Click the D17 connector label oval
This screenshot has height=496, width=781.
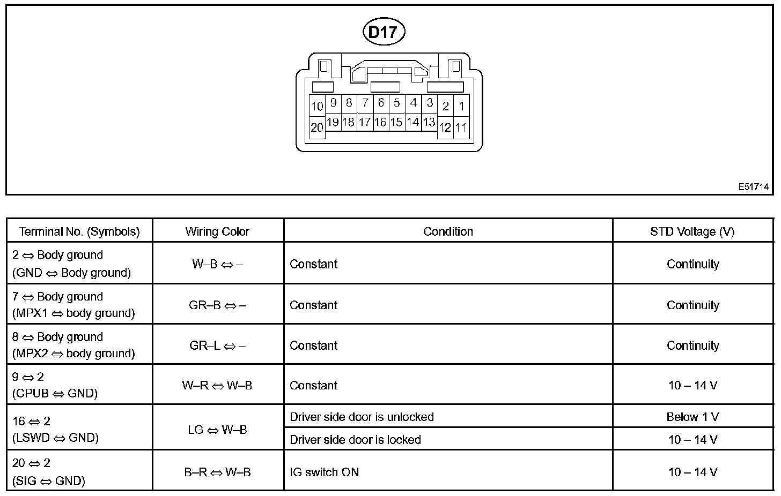[x=384, y=32]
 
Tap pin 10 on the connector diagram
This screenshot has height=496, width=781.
[x=317, y=106]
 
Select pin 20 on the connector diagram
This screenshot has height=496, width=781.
[x=317, y=127]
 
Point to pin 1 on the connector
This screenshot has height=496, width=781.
[x=461, y=106]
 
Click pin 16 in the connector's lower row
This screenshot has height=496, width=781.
[x=380, y=122]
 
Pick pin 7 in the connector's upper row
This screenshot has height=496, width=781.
[x=365, y=102]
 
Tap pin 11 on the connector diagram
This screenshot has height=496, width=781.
[x=461, y=127]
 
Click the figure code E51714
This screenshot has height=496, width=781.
[x=753, y=187]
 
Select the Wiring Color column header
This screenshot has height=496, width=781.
[x=217, y=231]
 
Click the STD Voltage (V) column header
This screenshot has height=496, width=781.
[x=692, y=231]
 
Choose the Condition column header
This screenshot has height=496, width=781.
[x=448, y=231]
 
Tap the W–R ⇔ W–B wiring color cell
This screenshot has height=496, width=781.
[x=217, y=385]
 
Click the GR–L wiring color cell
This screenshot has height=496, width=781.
[x=217, y=345]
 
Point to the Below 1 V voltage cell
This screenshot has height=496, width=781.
[x=692, y=417]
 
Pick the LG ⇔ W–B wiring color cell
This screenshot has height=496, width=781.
[x=217, y=430]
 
